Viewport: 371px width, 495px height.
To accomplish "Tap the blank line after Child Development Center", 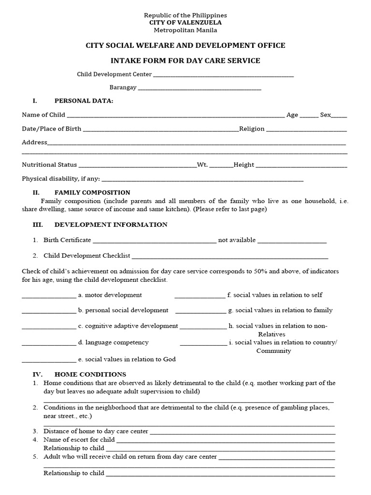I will pos(223,75).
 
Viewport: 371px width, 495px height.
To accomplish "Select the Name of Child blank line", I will pos(175,116).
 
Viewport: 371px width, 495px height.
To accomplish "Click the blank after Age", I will pos(309,116).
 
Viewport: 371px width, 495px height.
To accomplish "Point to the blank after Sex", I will pos(340,116).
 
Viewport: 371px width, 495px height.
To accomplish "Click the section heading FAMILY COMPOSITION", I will pos(92,192).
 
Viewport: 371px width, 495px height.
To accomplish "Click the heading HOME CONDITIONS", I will pos(90,374).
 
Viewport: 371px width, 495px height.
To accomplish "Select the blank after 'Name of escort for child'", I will pos(225,441).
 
